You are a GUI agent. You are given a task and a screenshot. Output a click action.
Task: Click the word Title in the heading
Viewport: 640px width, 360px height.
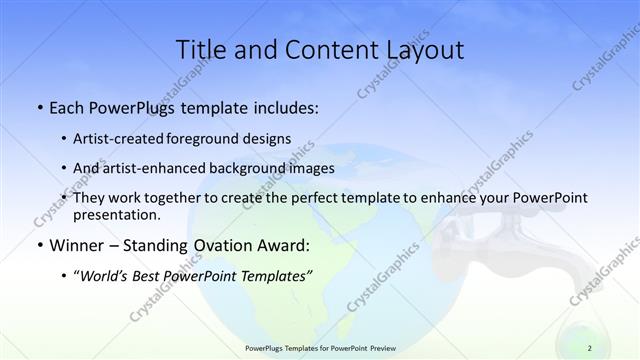201,50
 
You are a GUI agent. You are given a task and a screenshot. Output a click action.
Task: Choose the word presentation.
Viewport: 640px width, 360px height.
117,214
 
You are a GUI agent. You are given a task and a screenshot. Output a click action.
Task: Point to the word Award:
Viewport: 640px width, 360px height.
284,246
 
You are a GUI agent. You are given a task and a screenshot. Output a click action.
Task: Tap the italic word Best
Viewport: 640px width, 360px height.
159,276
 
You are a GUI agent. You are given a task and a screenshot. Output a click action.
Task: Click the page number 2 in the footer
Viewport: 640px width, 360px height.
590,348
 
